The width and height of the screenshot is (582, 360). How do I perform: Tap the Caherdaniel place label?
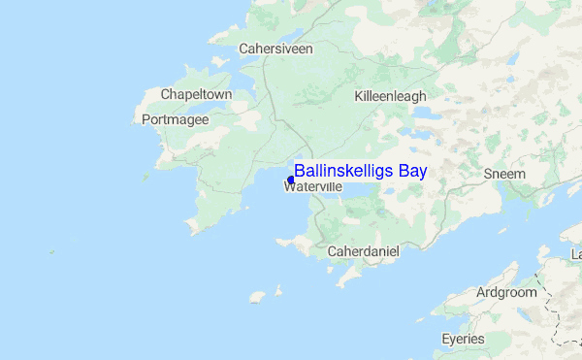(364, 250)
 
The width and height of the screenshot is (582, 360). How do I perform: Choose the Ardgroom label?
(505, 292)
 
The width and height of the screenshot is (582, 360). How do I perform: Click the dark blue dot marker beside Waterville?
(291, 180)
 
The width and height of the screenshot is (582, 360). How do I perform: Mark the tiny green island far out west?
(51, 251)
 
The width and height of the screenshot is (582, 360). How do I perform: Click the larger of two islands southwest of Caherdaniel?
(257, 296)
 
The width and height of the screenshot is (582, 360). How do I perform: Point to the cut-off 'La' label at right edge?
(576, 253)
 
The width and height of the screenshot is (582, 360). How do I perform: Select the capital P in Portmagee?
(146, 119)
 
